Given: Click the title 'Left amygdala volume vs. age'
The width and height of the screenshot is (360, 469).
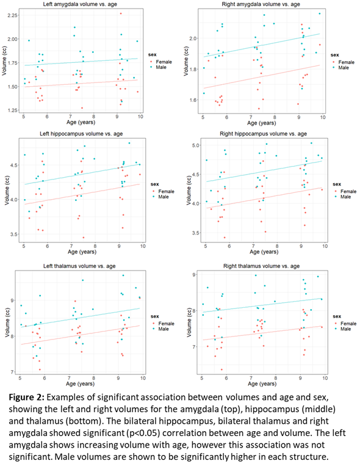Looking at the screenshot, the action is point(80,4).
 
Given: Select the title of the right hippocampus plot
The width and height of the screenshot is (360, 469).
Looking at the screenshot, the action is point(263,134).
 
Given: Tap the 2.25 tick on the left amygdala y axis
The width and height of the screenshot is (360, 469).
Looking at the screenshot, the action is point(12,15).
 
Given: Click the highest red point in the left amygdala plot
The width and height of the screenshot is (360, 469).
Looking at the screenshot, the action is point(121,13).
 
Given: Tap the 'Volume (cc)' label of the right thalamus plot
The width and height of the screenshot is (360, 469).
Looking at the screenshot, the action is point(189,322).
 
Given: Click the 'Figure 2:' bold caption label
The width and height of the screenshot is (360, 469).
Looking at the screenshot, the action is point(26,398).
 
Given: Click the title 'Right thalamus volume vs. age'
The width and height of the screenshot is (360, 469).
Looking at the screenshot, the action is point(261,266).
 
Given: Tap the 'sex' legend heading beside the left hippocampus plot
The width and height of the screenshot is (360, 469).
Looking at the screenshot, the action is point(155,184).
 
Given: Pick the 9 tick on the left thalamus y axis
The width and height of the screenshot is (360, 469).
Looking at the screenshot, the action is point(12,300).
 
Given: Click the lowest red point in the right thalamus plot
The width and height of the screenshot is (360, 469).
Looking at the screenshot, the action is point(221,369).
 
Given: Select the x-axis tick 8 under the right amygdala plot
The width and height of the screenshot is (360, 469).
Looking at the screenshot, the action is point(275,117).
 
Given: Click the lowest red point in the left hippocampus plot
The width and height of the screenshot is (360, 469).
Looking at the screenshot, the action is point(84,238).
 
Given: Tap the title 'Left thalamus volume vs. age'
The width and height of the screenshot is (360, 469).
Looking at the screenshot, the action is point(79,266).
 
